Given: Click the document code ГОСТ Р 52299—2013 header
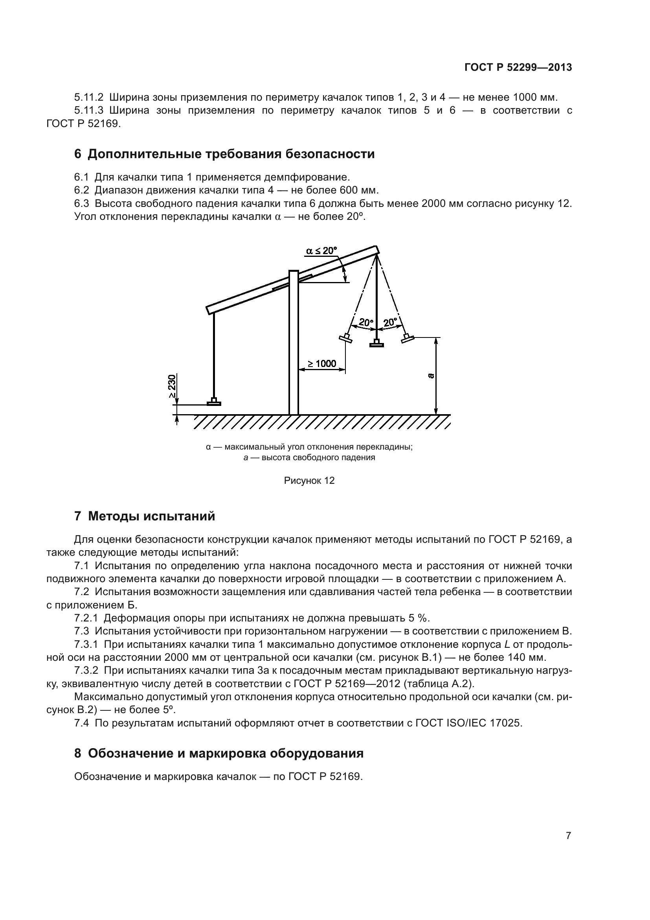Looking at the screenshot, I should click(x=518, y=67).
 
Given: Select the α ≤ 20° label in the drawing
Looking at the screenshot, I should click(x=321, y=251).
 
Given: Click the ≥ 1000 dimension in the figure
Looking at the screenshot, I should click(x=322, y=364).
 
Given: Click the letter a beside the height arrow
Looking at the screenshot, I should click(x=431, y=376).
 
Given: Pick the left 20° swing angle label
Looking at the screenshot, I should click(x=365, y=322).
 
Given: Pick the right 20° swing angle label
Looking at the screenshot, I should click(x=390, y=322).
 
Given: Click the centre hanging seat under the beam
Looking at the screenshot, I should click(x=376, y=343).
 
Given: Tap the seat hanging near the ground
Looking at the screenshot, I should click(x=214, y=402).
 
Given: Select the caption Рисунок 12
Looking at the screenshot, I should click(x=309, y=480).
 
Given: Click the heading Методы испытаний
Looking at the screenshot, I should click(x=151, y=516).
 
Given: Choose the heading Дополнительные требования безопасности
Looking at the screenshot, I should click(x=231, y=154).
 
